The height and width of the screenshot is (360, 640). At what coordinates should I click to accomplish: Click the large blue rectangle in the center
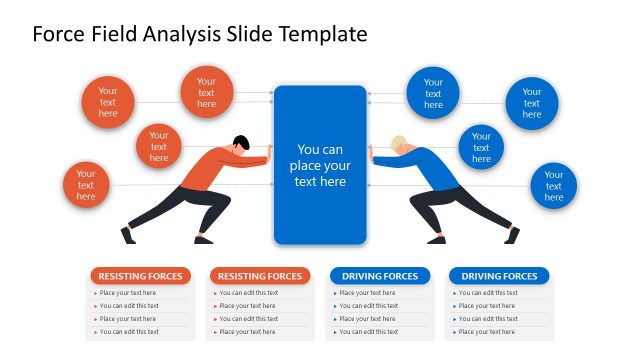[320, 165]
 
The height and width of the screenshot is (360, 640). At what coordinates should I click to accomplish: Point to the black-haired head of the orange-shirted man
[241, 142]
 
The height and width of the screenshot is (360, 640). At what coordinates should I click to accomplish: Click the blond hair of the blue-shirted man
[399, 142]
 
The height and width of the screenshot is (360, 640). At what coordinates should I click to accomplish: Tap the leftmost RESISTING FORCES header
[140, 276]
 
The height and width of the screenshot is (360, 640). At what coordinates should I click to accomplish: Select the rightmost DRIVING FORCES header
[499, 276]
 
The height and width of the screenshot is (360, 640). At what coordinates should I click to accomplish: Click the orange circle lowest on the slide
[86, 185]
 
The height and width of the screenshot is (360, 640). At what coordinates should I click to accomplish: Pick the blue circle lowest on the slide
[553, 186]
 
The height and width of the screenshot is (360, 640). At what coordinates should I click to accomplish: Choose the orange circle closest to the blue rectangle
[206, 91]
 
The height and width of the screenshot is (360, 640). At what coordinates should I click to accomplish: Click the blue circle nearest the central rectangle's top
[433, 92]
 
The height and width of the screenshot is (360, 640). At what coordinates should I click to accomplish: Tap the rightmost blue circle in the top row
[531, 103]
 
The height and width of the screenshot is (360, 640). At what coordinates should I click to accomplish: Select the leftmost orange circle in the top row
[107, 102]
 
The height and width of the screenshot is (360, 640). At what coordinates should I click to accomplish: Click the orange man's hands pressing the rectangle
[269, 152]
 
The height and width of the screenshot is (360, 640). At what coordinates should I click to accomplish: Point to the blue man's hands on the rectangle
[371, 152]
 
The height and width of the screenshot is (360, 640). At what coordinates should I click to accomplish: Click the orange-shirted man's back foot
[127, 236]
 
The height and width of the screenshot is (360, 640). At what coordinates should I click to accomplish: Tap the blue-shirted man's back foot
[512, 236]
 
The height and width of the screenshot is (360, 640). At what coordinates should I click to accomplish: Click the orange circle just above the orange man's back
[159, 147]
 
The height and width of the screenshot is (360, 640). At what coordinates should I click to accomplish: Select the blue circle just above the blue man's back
[481, 147]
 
